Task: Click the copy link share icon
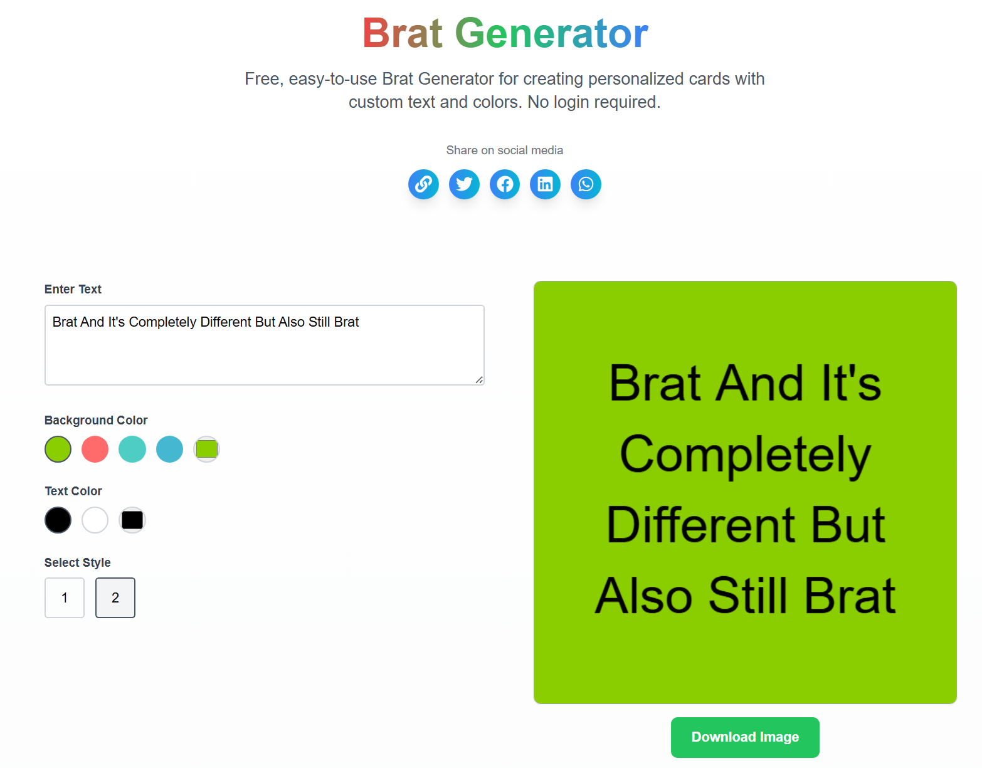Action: (x=423, y=184)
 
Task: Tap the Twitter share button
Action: (x=464, y=184)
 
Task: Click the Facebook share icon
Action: (x=505, y=184)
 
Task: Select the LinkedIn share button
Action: (x=546, y=184)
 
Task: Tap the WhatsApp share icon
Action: (x=586, y=184)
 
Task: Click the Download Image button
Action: (x=745, y=737)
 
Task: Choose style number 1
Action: (x=65, y=597)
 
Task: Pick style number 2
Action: (x=115, y=597)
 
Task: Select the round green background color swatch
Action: (x=58, y=450)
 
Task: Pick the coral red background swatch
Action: (x=95, y=450)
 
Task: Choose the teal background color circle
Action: (x=132, y=450)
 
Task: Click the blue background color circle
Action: (x=169, y=450)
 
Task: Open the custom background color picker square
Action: (x=206, y=450)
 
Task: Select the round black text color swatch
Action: (x=58, y=520)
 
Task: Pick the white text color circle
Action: (x=95, y=520)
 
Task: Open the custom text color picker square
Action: (x=132, y=520)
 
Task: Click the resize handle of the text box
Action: (x=479, y=379)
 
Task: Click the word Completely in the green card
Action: (x=745, y=455)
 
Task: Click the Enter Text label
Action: (x=73, y=289)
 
